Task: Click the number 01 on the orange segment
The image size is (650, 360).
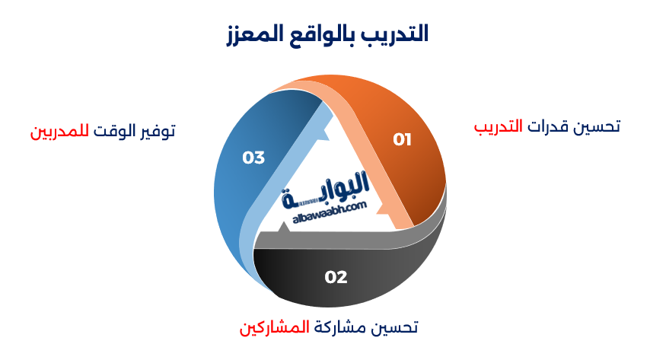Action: (402, 139)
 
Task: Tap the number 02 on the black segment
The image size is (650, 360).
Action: (336, 277)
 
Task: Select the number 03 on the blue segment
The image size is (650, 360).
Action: (253, 158)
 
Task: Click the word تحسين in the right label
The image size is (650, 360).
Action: (600, 126)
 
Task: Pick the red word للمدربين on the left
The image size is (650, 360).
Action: (59, 131)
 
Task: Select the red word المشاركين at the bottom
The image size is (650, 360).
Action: (275, 327)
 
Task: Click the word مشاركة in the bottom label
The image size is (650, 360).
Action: (340, 327)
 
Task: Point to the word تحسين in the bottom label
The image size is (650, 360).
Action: (395, 327)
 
